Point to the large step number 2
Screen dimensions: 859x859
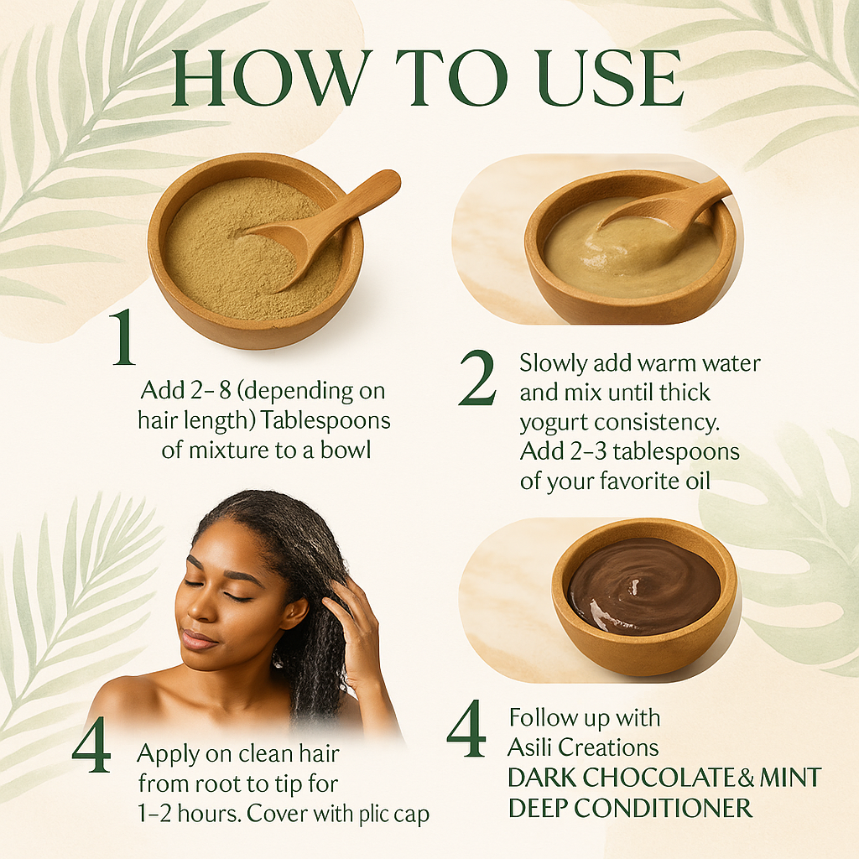[x=477, y=378]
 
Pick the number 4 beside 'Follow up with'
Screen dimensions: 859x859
[x=466, y=729]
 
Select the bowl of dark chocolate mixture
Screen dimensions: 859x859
[x=644, y=596]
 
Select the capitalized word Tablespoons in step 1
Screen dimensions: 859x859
[x=325, y=421]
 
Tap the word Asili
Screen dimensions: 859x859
[x=530, y=747]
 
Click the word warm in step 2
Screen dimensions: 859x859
[x=667, y=363]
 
